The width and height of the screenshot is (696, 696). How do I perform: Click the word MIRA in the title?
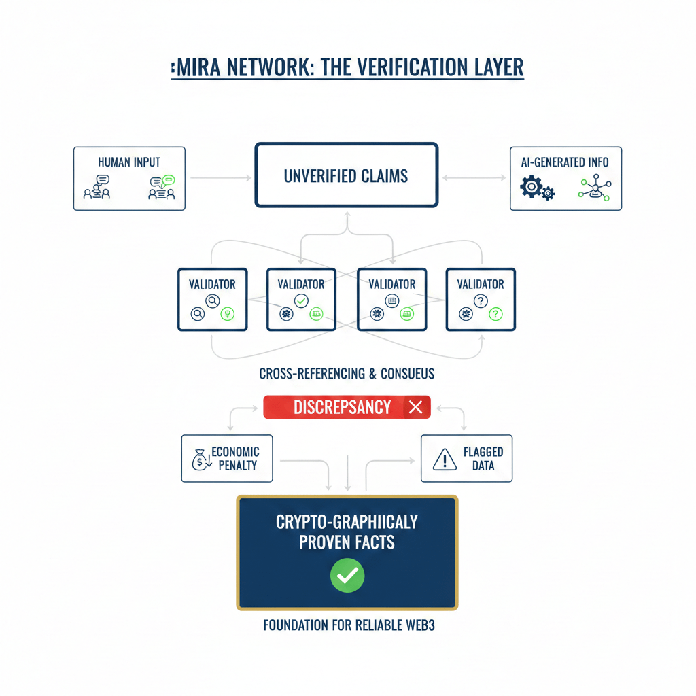[198, 68]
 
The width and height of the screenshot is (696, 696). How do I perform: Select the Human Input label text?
[128, 162]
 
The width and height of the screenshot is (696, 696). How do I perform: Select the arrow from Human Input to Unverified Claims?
[221, 177]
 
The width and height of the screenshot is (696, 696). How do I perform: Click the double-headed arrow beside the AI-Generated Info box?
[474, 177]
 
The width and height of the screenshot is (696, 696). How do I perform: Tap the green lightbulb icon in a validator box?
[228, 313]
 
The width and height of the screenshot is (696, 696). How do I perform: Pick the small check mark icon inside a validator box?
[300, 300]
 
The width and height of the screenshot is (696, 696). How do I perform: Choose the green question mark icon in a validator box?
[496, 313]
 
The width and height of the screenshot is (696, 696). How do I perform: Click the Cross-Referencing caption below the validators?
[347, 374]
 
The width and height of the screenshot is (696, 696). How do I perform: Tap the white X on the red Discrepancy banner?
[416, 407]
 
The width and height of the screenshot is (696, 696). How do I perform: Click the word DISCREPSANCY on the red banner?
[342, 407]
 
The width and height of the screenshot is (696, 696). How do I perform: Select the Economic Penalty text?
[235, 459]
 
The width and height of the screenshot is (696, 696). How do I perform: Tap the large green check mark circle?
[347, 576]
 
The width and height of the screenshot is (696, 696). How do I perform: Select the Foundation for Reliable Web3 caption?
[349, 625]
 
